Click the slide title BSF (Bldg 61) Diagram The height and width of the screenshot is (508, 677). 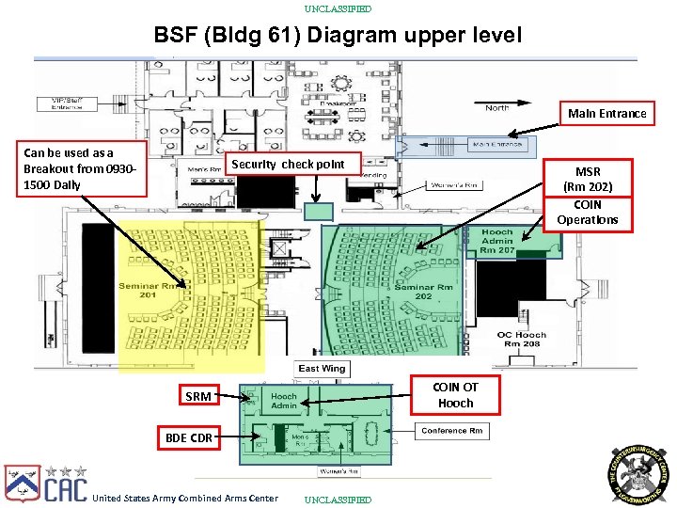tap(338, 36)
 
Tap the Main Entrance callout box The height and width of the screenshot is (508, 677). tap(606, 114)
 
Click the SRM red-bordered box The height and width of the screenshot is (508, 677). tap(198, 396)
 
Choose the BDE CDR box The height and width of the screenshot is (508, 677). tap(188, 437)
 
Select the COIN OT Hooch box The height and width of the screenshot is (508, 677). tap(456, 395)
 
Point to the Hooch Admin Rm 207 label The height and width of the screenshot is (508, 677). tap(496, 242)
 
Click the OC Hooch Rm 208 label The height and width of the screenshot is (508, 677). tap(521, 340)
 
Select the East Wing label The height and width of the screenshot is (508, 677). tap(322, 369)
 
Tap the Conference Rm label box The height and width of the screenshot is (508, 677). tap(452, 431)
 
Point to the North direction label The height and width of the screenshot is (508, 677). tap(497, 108)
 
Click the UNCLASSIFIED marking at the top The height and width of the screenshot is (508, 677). tap(338, 8)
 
